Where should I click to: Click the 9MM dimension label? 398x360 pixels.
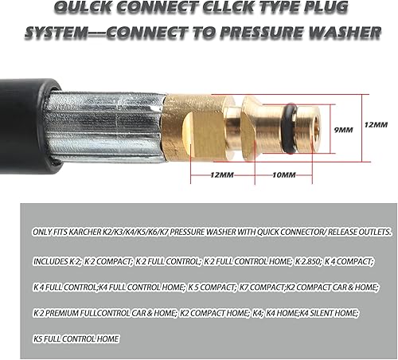tap(343, 130)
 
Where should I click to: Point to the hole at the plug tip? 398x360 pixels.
tap(316, 128)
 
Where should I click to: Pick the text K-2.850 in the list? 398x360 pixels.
tap(308, 261)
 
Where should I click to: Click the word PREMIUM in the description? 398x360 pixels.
tap(62, 313)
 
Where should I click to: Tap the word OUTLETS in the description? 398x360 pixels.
tap(375, 232)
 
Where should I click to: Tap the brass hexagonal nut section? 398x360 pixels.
tap(197, 128)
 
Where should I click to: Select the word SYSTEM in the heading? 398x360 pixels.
tap(56, 33)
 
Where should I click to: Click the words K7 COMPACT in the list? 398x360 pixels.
tap(262, 288)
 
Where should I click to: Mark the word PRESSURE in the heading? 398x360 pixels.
tap(262, 33)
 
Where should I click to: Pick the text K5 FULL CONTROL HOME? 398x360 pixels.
tap(76, 339)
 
